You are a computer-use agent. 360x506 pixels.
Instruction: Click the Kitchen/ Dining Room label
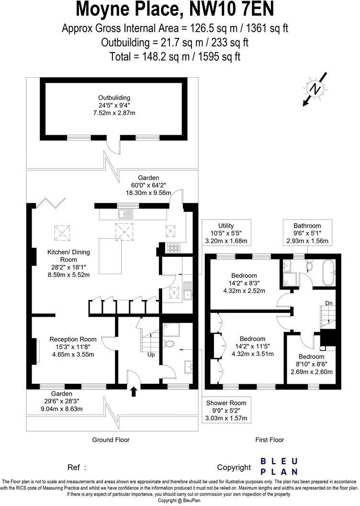(x=68, y=262)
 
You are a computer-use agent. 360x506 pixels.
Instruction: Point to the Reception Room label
(x=73, y=346)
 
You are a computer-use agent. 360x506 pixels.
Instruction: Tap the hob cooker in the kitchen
(x=173, y=248)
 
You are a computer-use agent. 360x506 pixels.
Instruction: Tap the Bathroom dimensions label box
(x=307, y=233)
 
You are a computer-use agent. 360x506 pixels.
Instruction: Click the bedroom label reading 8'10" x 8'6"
(x=311, y=364)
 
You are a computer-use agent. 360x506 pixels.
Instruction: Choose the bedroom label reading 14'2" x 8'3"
(x=244, y=283)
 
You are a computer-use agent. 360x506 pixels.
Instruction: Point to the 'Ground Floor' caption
(x=110, y=439)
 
